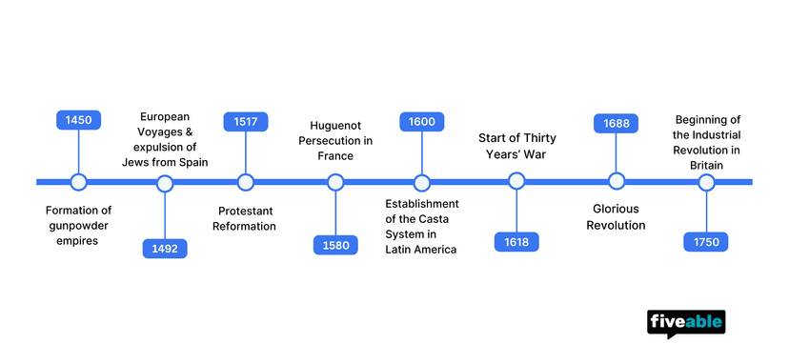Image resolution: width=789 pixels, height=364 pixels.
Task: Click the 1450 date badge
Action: (78, 121)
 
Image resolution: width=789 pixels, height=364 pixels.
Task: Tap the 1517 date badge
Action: (246, 121)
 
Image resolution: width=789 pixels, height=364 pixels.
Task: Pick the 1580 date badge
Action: (335, 245)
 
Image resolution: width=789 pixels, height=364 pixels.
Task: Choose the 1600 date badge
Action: (421, 121)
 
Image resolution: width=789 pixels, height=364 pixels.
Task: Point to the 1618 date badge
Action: (516, 242)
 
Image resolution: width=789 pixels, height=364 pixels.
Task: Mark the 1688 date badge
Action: (616, 123)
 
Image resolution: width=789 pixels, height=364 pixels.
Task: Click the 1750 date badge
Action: (706, 242)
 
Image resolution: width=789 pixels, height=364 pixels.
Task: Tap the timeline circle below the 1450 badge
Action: (78, 182)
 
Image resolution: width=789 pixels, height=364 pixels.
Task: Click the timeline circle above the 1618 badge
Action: (516, 181)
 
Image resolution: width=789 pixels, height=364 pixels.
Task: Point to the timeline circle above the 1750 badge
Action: (706, 181)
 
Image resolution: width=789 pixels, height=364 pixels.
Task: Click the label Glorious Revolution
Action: (616, 217)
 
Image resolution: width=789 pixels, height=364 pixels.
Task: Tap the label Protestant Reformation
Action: (246, 218)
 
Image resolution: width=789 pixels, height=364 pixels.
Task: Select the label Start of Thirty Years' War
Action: (516, 147)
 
